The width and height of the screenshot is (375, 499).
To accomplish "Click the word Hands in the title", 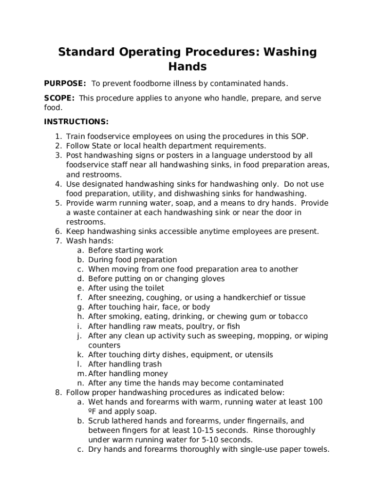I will pyautogui.click(x=187, y=66).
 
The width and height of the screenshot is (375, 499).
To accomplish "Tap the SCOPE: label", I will pyautogui.click(x=59, y=98).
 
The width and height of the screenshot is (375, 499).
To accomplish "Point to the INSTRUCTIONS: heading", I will pyautogui.click(x=76, y=121).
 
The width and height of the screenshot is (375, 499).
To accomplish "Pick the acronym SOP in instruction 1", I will pyautogui.click(x=299, y=136).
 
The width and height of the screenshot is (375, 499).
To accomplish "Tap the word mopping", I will pyautogui.click(x=275, y=336).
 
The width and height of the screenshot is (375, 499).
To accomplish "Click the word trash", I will pyautogui.click(x=151, y=364).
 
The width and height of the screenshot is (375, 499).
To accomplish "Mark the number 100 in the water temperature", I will pyautogui.click(x=315, y=402).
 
